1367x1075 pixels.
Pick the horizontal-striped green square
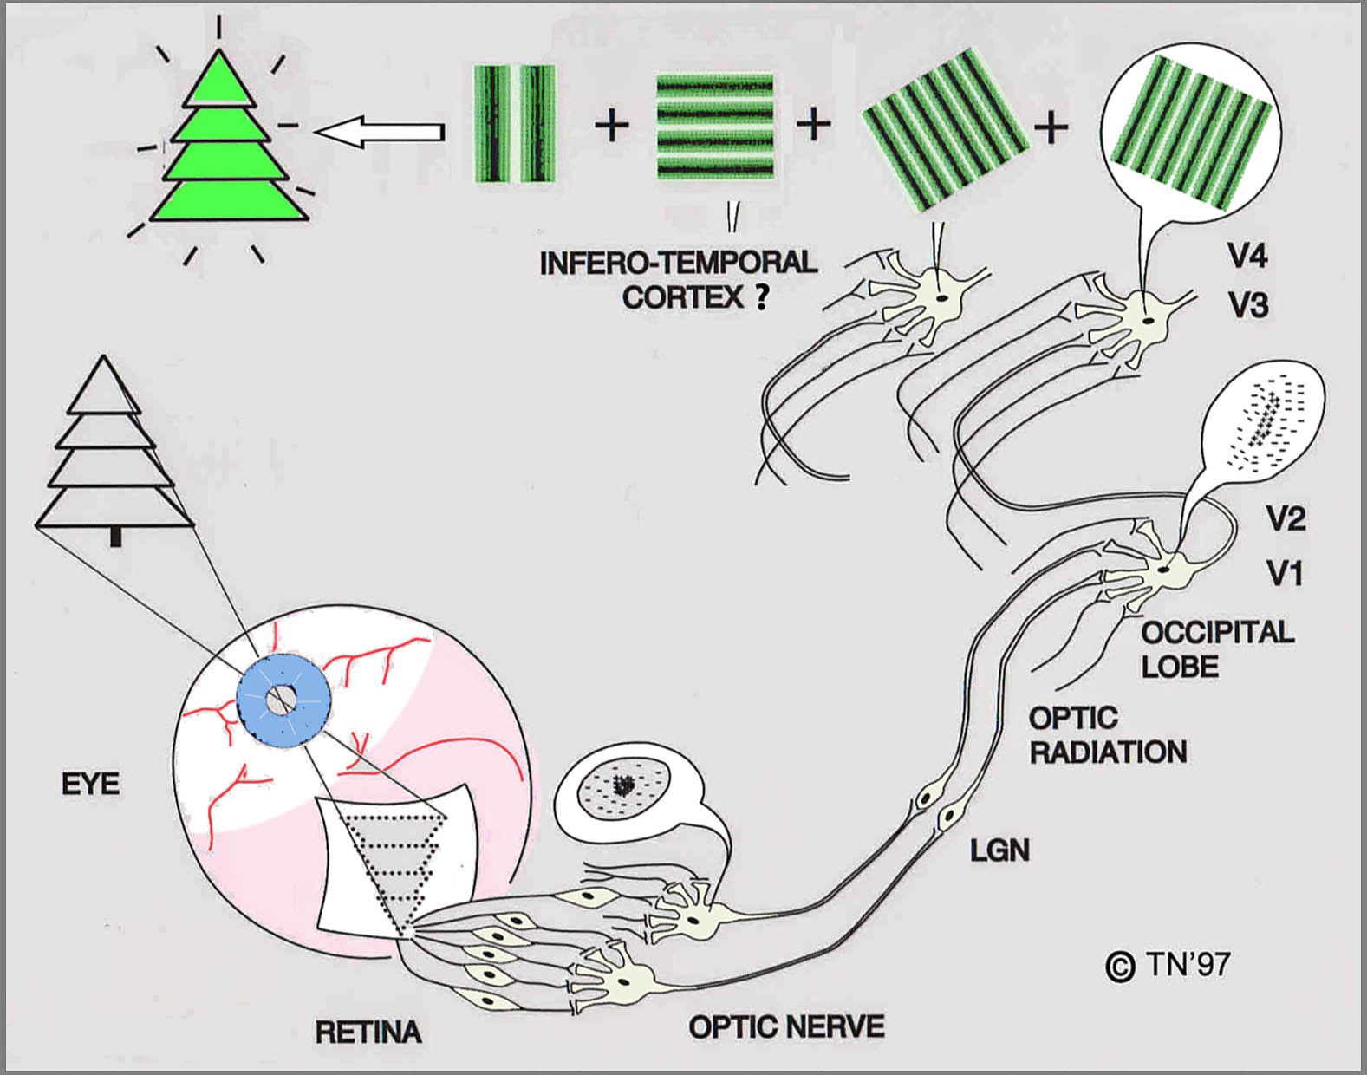(x=714, y=127)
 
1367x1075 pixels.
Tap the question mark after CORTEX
(x=762, y=298)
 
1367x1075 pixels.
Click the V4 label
(x=1247, y=257)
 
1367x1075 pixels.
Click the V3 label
(x=1247, y=305)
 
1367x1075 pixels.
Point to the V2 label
(x=1286, y=518)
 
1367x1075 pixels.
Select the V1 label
(x=1286, y=573)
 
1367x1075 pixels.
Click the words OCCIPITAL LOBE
(x=1216, y=648)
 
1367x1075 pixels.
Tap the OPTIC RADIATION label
(x=1107, y=734)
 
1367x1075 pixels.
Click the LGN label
(x=999, y=850)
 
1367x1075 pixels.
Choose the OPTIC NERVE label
(x=786, y=1027)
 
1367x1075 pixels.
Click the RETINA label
(x=368, y=1033)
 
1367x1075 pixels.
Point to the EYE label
(x=91, y=785)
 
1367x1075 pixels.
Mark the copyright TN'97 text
(x=1168, y=965)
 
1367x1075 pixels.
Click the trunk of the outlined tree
(x=115, y=537)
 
